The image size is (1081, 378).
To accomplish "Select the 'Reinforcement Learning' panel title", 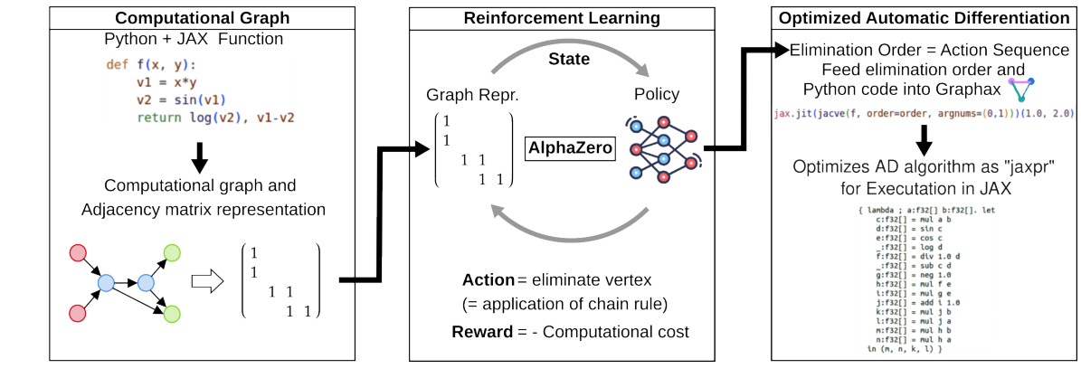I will click(562, 18).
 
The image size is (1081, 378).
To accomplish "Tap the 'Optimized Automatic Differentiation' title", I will click(920, 18).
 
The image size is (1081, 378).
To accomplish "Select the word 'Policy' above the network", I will click(658, 95).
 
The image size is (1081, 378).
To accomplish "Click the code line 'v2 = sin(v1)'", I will click(181, 99).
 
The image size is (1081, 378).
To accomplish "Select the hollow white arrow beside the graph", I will click(209, 282).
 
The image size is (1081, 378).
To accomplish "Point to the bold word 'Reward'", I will click(482, 332).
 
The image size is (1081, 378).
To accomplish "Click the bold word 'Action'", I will click(488, 279).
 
